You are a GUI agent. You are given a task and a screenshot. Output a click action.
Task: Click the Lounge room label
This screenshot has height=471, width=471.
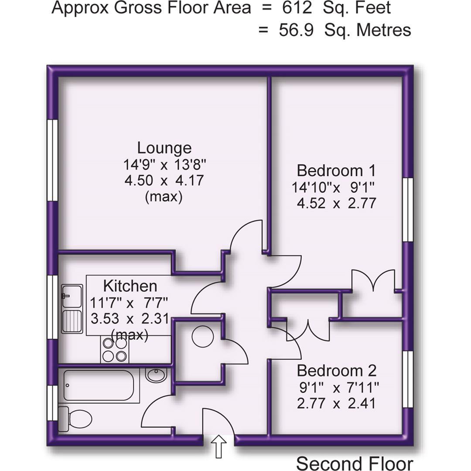coord(164,148)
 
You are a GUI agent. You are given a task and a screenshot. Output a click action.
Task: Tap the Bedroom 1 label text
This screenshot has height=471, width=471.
coord(336,170)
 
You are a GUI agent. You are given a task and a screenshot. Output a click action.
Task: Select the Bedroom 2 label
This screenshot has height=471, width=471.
coord(336,371)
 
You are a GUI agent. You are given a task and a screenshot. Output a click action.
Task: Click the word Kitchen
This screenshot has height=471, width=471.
coord(130,286)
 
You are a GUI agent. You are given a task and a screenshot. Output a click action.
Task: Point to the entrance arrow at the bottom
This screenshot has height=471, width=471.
coord(218,447)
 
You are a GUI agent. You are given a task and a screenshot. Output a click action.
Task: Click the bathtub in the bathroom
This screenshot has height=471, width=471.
coord(98,385)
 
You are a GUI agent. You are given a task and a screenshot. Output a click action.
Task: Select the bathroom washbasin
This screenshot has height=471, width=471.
coord(156,375)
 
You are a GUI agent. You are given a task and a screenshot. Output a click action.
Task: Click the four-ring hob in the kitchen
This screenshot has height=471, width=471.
coord(115,350)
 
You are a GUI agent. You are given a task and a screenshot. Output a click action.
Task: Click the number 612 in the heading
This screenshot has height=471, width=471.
coord(297,7)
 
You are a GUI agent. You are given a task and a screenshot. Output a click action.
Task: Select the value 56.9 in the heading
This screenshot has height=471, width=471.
coord(296,30)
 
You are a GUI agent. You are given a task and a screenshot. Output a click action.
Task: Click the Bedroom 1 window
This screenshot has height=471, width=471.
coord(407,209)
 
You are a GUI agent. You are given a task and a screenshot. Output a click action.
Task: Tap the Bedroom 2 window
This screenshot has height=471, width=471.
coord(407,379)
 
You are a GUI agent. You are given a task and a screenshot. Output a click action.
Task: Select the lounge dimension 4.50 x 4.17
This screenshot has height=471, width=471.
coord(164,180)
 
